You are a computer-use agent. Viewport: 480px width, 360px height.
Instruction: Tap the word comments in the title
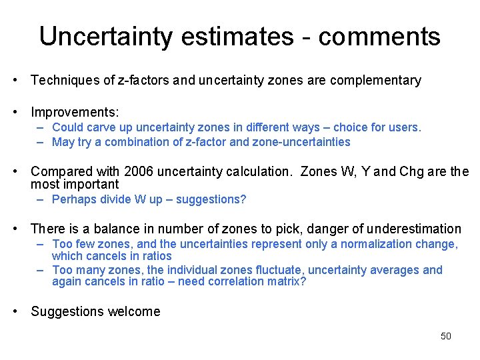pyautogui.click(x=379, y=36)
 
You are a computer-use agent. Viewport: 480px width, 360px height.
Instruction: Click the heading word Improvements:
pyautogui.click(x=75, y=111)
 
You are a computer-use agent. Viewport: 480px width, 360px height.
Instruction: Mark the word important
pyautogui.click(x=91, y=185)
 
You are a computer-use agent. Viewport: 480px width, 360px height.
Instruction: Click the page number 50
pyautogui.click(x=446, y=336)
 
